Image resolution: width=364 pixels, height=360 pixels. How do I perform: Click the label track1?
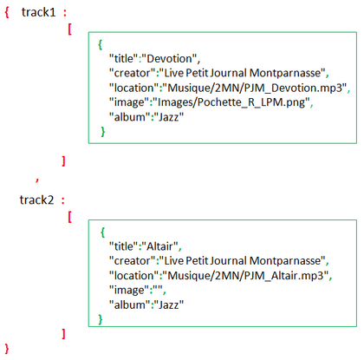click(38, 12)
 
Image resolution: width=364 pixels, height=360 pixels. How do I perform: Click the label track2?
click(36, 200)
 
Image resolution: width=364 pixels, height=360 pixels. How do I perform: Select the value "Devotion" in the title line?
click(169, 59)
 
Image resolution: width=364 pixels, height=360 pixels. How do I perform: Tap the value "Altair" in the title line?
click(159, 246)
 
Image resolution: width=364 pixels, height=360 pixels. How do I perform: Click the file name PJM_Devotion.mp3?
click(295, 88)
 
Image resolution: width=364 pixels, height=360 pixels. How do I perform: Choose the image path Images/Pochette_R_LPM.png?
click(231, 102)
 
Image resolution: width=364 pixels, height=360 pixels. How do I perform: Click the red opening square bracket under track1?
click(69, 29)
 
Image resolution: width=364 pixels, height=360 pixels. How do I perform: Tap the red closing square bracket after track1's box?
click(63, 160)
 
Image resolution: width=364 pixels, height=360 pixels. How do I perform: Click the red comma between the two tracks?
click(37, 180)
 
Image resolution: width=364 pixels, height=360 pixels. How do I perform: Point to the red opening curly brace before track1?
click(7, 12)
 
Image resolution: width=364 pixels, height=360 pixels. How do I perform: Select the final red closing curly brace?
click(7, 349)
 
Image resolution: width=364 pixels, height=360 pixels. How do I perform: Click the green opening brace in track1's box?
click(100, 44)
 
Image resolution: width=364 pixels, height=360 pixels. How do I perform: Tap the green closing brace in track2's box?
click(100, 319)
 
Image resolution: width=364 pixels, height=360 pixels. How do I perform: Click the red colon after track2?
click(63, 200)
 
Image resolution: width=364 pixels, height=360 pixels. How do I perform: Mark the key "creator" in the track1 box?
click(133, 73)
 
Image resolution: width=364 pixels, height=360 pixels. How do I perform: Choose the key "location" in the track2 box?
click(134, 276)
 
